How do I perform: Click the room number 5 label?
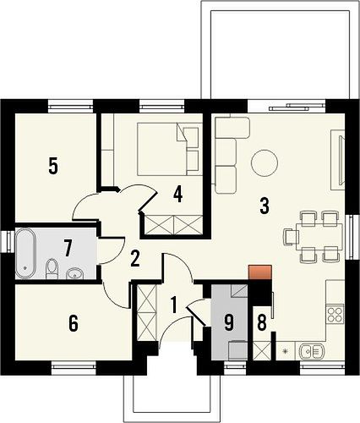tap(53, 167)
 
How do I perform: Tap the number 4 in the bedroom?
tap(178, 195)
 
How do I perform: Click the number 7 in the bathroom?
tap(67, 249)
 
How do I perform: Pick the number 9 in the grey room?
tap(229, 323)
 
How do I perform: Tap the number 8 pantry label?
tap(262, 323)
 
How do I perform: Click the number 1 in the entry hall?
tap(174, 305)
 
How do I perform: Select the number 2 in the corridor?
tap(135, 259)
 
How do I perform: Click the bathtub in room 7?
tap(25, 253)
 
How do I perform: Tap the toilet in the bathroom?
tap(52, 268)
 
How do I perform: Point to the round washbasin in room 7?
tap(74, 273)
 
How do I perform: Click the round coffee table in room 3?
tap(265, 162)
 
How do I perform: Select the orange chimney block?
tap(259, 272)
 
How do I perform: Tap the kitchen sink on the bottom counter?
tap(312, 351)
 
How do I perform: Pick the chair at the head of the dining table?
tap(292, 236)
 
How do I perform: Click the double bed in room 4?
tap(170, 149)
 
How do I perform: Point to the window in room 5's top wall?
tap(70, 107)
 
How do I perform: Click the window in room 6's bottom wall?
tap(74, 366)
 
